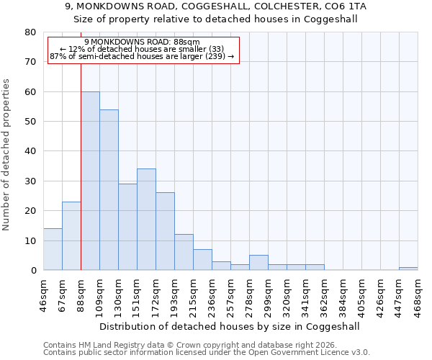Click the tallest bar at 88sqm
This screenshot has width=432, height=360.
tap(90, 181)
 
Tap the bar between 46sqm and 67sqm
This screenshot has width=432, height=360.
tap(53, 249)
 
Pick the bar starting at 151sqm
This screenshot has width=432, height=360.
tap(146, 220)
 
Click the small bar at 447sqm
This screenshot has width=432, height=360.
tap(408, 269)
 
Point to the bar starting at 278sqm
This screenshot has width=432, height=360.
tap(258, 263)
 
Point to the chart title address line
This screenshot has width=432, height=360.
tap(215, 6)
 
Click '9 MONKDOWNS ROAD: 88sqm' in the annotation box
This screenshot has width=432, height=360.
tap(142, 42)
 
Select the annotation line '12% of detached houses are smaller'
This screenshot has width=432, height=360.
tap(142, 49)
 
